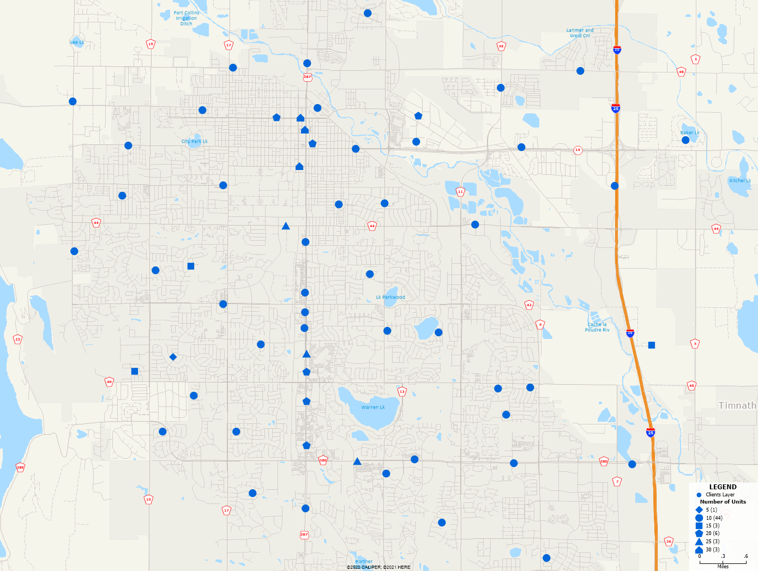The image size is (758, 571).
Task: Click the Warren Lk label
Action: click(x=373, y=407)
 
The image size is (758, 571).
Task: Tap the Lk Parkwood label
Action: click(x=390, y=297)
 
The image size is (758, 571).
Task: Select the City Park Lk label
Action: click(x=194, y=141)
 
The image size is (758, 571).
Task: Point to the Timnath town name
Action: click(x=737, y=405)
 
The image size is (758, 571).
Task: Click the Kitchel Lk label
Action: click(x=740, y=180)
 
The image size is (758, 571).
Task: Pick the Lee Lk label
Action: click(x=77, y=42)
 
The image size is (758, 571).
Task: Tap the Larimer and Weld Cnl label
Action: click(x=580, y=33)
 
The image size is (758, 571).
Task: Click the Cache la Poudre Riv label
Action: click(x=597, y=327)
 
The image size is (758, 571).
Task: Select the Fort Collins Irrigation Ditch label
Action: click(x=187, y=18)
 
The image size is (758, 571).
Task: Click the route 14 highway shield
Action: click(x=577, y=150)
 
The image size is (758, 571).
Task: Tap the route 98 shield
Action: click(x=501, y=46)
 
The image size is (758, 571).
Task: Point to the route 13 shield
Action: click(x=402, y=391)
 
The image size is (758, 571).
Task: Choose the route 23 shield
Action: click(x=17, y=339)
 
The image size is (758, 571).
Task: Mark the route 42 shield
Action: click(x=529, y=305)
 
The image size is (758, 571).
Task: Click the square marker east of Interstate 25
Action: click(x=651, y=345)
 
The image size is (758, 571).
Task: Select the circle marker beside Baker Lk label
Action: click(x=685, y=140)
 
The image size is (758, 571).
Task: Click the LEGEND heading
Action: click(x=723, y=487)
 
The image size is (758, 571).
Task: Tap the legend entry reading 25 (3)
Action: click(x=712, y=541)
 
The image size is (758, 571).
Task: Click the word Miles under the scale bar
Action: click(x=723, y=567)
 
